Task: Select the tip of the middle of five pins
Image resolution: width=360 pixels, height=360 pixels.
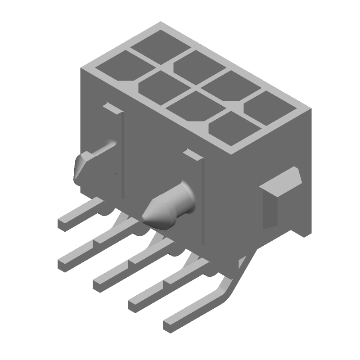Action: pyautogui.click(x=98, y=284)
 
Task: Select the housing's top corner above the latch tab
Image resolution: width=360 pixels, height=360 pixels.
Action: pyautogui.click(x=310, y=108)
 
